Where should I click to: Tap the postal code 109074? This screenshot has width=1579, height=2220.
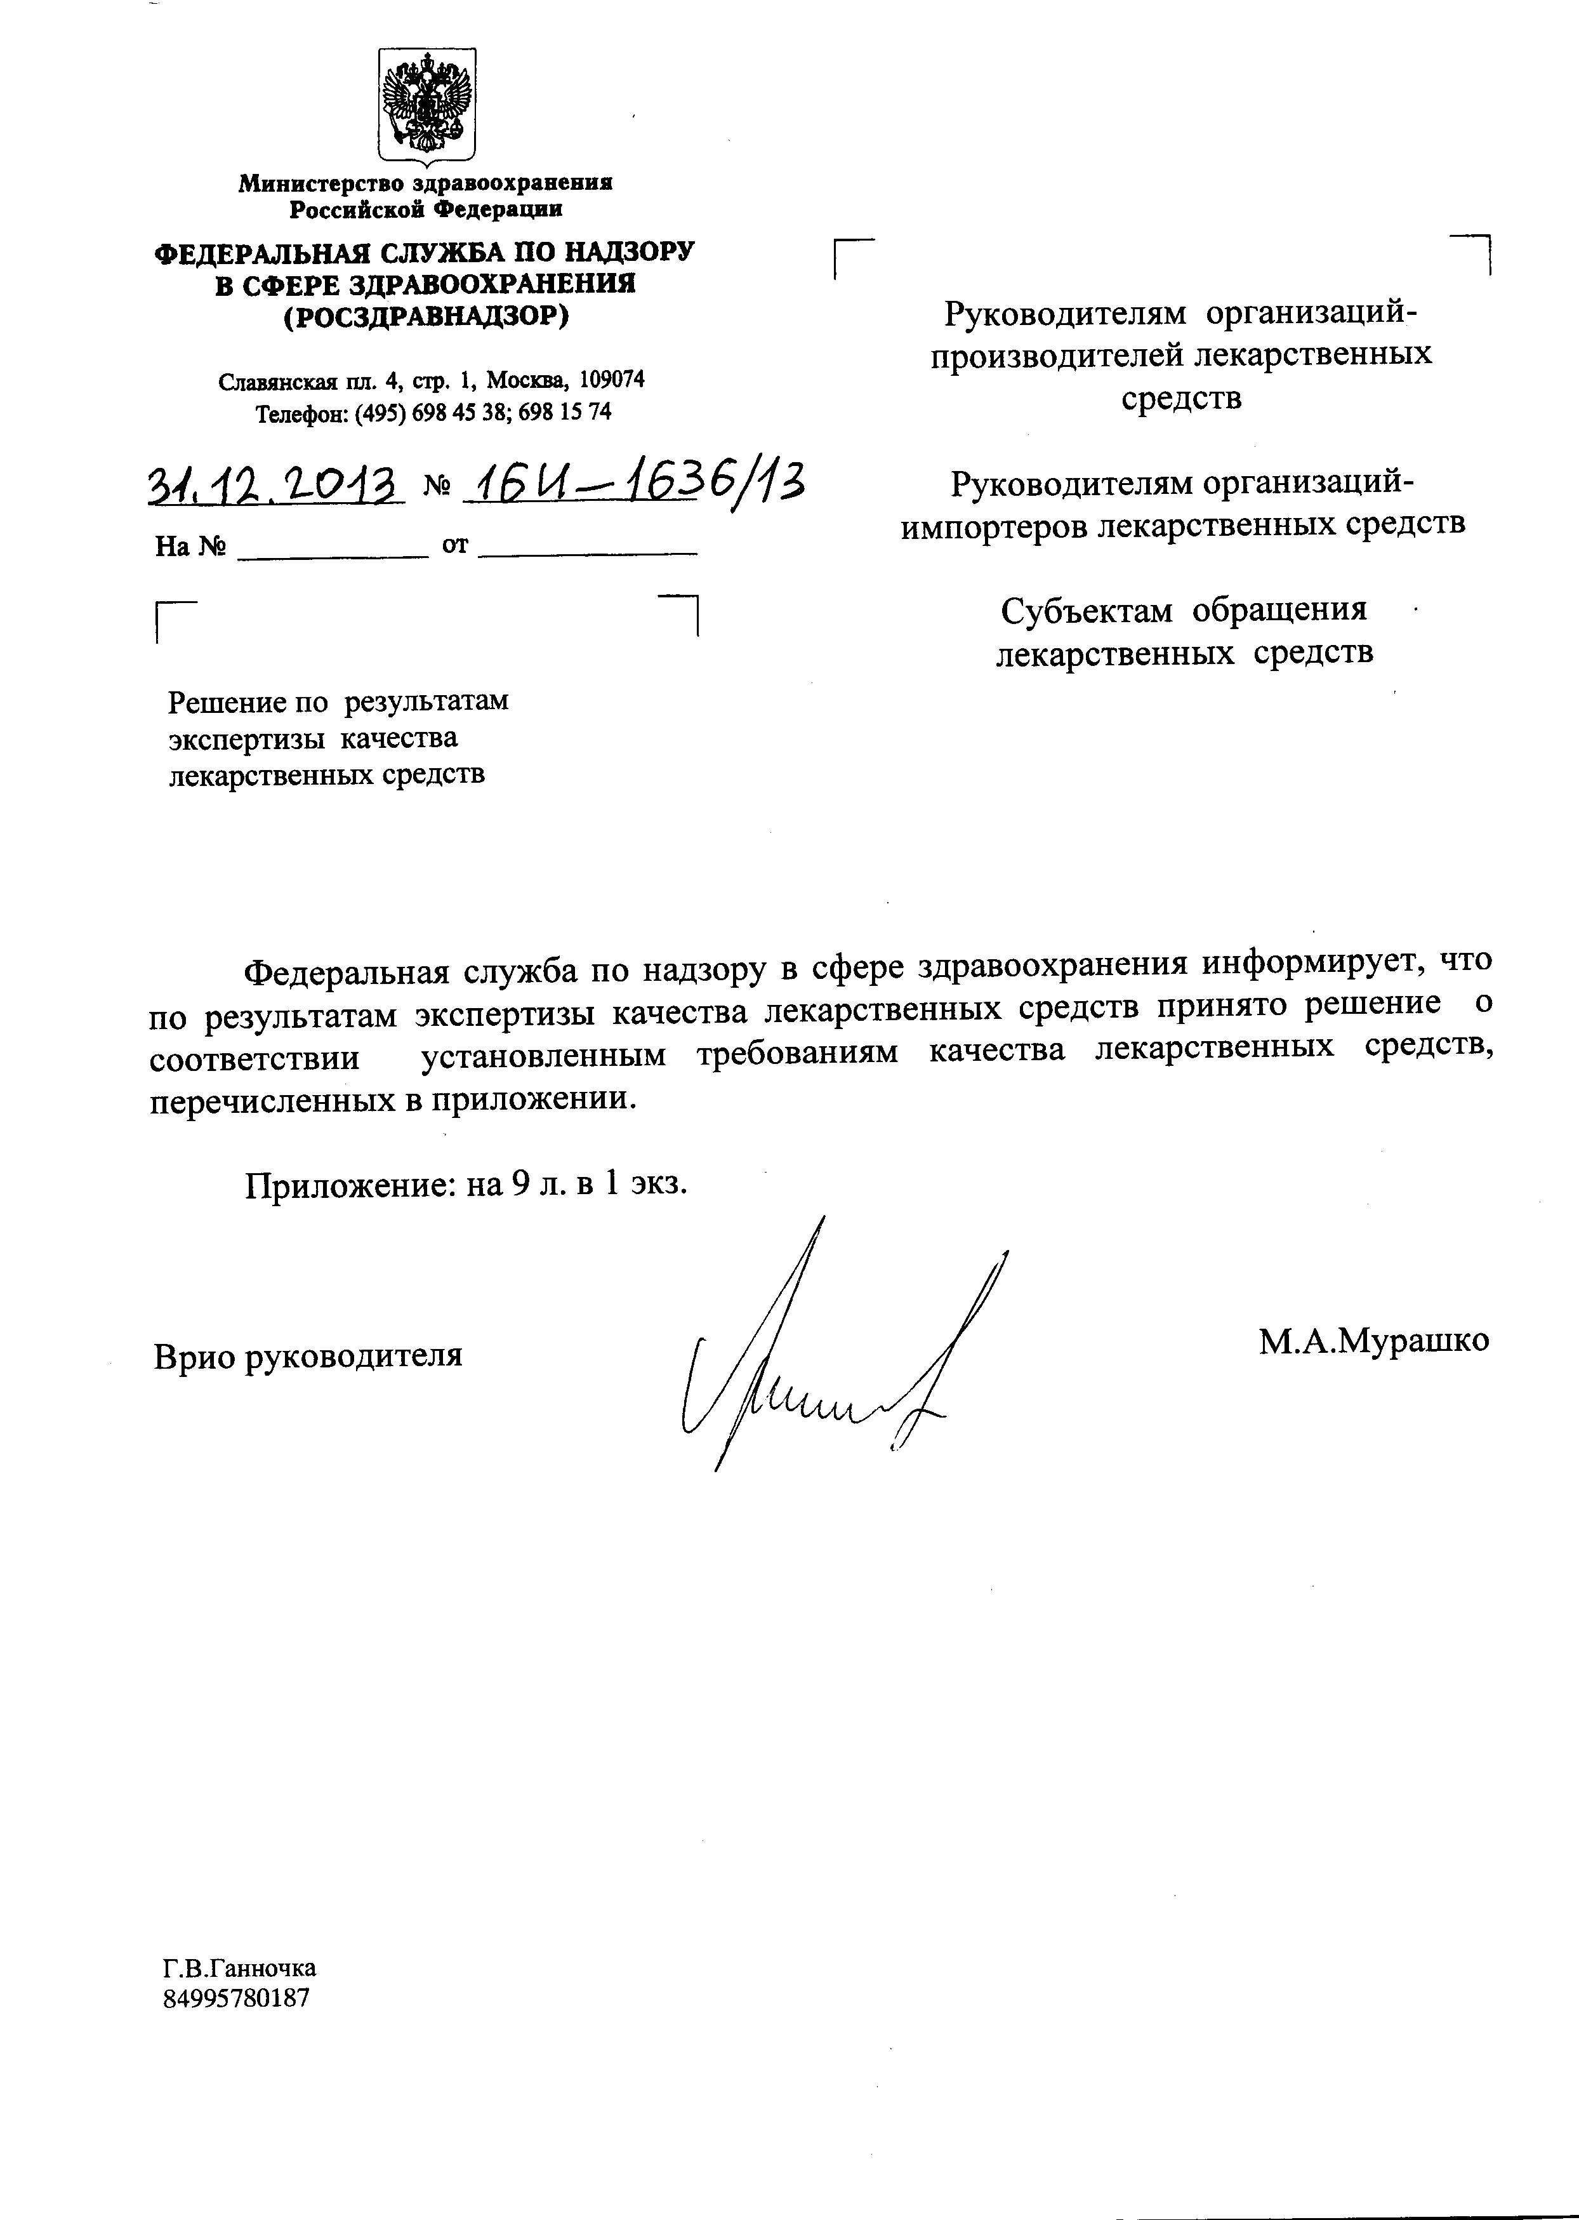click(x=612, y=379)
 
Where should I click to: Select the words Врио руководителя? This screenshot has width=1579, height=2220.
click(x=307, y=1355)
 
